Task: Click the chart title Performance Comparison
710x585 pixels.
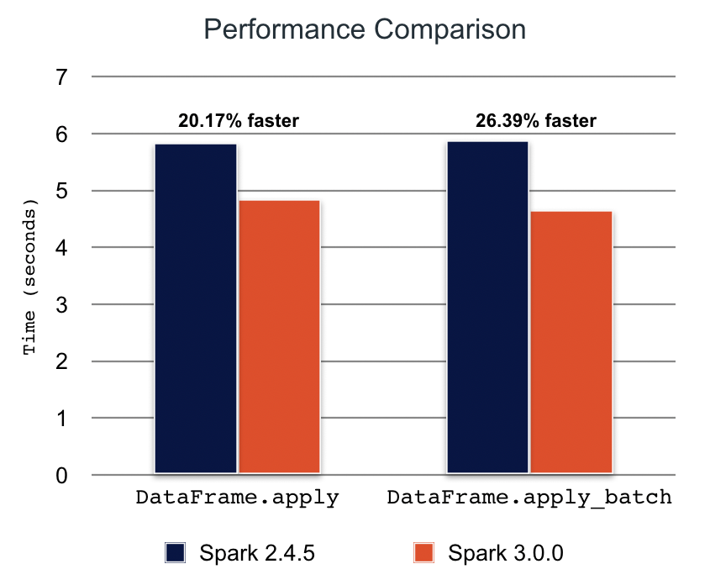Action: pyautogui.click(x=365, y=30)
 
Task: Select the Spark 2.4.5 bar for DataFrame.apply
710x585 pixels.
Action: pyautogui.click(x=196, y=308)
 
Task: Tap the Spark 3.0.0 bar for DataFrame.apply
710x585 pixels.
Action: pyautogui.click(x=279, y=336)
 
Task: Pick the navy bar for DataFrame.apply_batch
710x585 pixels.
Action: pyautogui.click(x=487, y=308)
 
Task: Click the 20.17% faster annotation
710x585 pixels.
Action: pyautogui.click(x=238, y=121)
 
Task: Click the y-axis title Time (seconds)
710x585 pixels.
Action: pyautogui.click(x=31, y=277)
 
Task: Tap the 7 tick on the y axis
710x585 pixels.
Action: pyautogui.click(x=61, y=77)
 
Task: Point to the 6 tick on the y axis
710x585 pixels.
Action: pyautogui.click(x=61, y=134)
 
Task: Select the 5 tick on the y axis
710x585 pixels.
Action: pyautogui.click(x=61, y=191)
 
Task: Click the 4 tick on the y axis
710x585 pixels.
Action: pyautogui.click(x=61, y=248)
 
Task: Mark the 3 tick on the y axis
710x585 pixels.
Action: pyautogui.click(x=61, y=304)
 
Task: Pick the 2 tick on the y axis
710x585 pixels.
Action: pyautogui.click(x=61, y=361)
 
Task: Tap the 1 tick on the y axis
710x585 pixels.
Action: pyautogui.click(x=61, y=418)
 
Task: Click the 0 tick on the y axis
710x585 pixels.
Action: pyautogui.click(x=61, y=476)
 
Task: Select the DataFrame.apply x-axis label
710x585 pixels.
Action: pyautogui.click(x=237, y=498)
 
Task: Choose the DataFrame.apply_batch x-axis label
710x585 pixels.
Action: pyautogui.click(x=529, y=498)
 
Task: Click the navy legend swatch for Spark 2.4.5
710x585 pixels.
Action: pyautogui.click(x=175, y=553)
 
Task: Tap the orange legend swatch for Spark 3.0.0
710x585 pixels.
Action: pyautogui.click(x=424, y=553)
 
